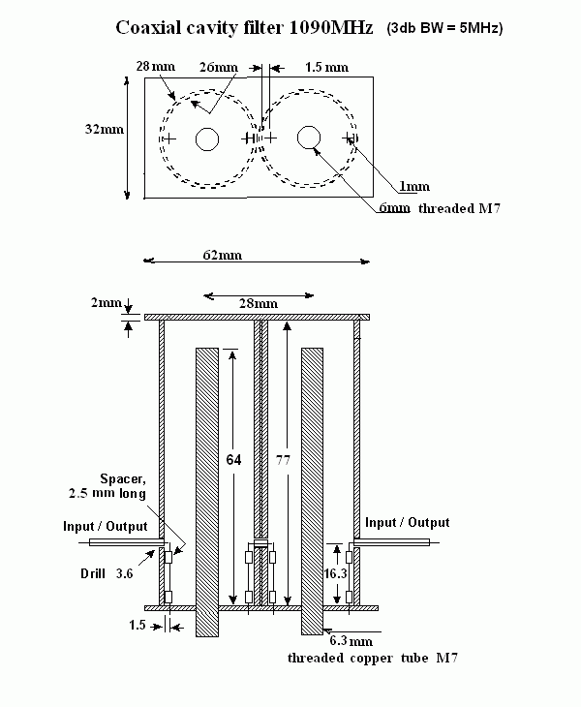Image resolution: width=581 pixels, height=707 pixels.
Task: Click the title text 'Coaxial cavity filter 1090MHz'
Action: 244,28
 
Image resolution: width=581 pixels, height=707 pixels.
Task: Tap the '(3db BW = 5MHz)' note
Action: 444,29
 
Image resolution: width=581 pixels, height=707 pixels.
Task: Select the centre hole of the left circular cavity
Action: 206,139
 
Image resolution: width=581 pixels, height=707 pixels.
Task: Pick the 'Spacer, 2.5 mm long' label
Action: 122,486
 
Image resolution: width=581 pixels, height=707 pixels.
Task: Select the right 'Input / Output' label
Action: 407,522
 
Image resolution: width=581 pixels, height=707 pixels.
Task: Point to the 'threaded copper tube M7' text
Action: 374,659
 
